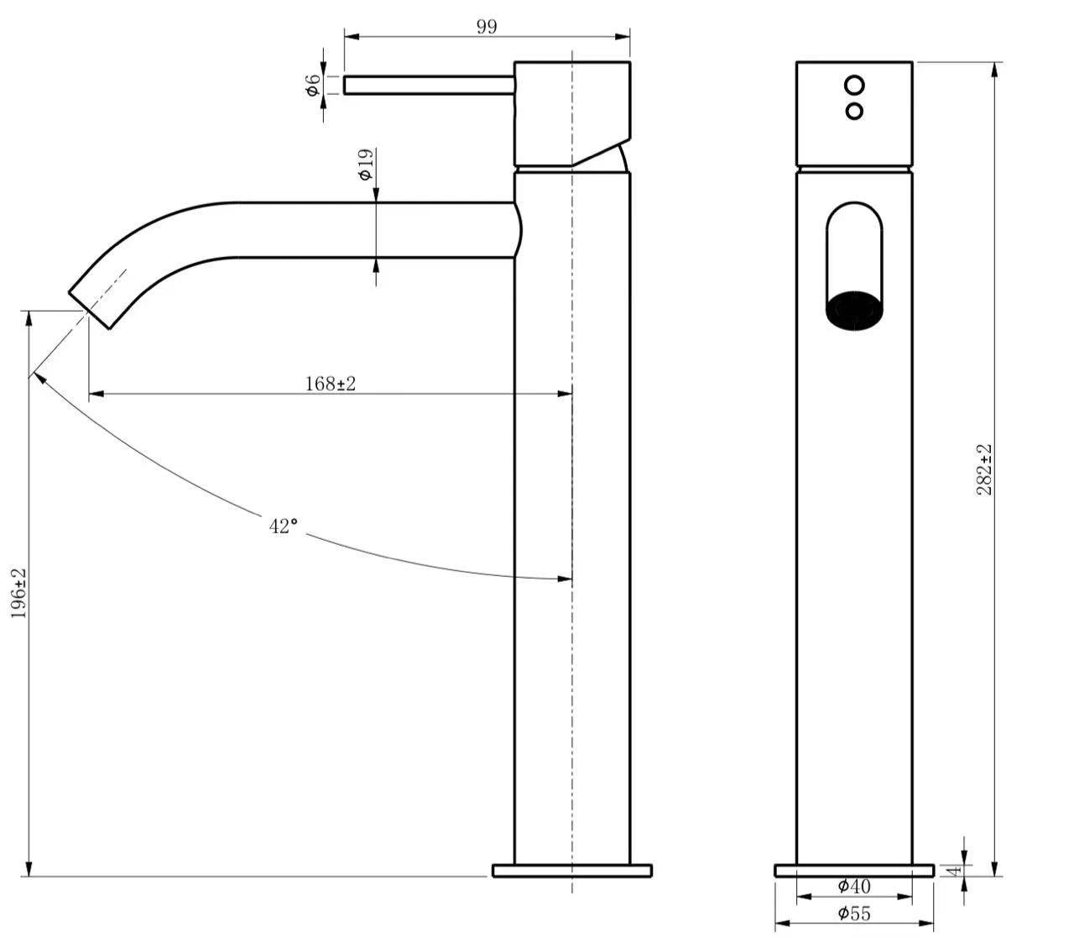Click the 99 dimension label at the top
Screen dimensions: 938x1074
click(487, 26)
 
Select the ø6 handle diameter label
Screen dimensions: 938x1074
click(312, 85)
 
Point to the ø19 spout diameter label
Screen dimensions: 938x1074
click(365, 165)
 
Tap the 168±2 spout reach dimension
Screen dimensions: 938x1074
click(330, 384)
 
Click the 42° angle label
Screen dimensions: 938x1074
click(284, 527)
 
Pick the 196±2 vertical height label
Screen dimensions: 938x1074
click(18, 593)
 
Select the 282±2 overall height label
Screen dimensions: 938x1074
click(984, 469)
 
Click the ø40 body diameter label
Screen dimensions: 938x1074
click(854, 886)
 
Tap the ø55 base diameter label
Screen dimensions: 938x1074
click(854, 914)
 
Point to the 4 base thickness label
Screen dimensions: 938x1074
click(953, 871)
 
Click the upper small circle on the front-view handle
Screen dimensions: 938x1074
click(854, 85)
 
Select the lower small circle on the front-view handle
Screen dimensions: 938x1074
click(854, 111)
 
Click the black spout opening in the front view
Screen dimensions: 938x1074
click(854, 308)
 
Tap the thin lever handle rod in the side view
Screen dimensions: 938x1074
click(428, 85)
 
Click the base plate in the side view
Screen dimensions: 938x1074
click(571, 871)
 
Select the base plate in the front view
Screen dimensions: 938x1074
click(854, 871)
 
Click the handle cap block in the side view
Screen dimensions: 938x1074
click(571, 112)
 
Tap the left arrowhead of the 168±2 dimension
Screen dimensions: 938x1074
click(95, 392)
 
